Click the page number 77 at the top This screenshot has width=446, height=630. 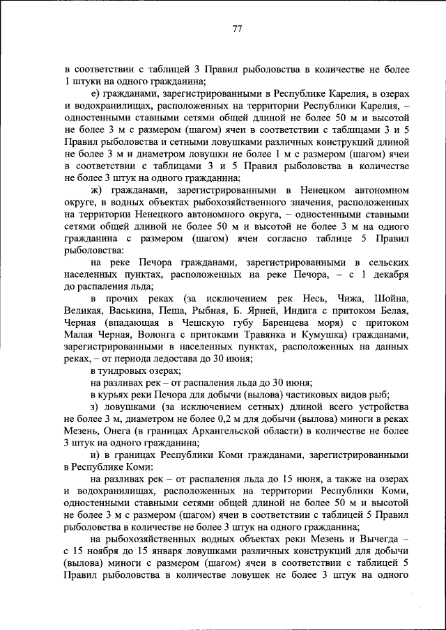(x=236, y=29)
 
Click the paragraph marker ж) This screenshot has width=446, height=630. (x=97, y=189)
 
